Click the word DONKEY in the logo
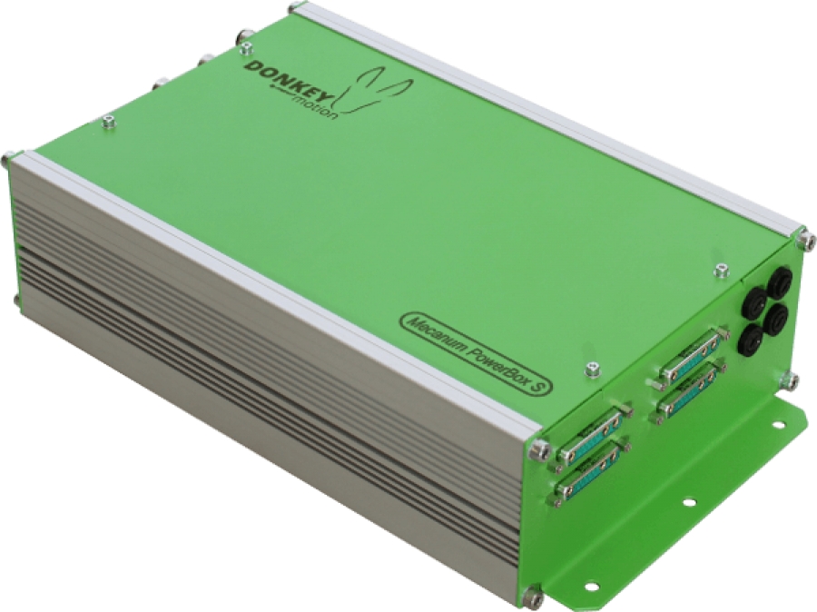tap(283, 80)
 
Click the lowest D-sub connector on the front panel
tap(589, 474)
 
